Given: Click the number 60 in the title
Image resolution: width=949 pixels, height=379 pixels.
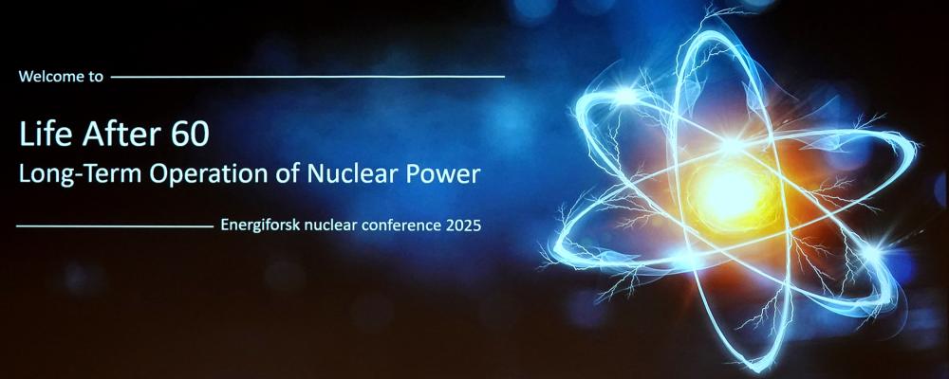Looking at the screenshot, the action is tap(190, 135).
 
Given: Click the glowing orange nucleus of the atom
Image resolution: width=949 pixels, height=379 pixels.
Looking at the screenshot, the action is tap(734, 193).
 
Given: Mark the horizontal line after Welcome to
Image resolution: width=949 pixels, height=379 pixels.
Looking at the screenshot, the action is tap(307, 77).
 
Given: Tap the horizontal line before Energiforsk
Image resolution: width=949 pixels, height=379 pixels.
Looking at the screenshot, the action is tap(115, 226).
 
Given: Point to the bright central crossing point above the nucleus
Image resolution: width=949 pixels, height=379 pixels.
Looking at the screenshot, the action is tap(733, 145).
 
